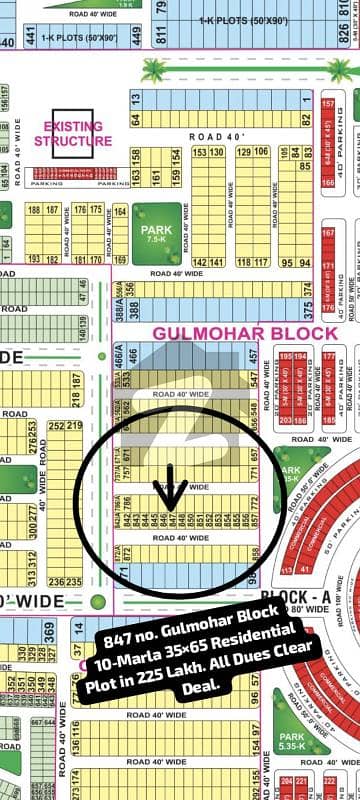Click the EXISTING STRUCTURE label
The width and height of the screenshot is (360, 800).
[73, 134]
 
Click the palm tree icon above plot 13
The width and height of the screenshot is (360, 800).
[155, 70]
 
